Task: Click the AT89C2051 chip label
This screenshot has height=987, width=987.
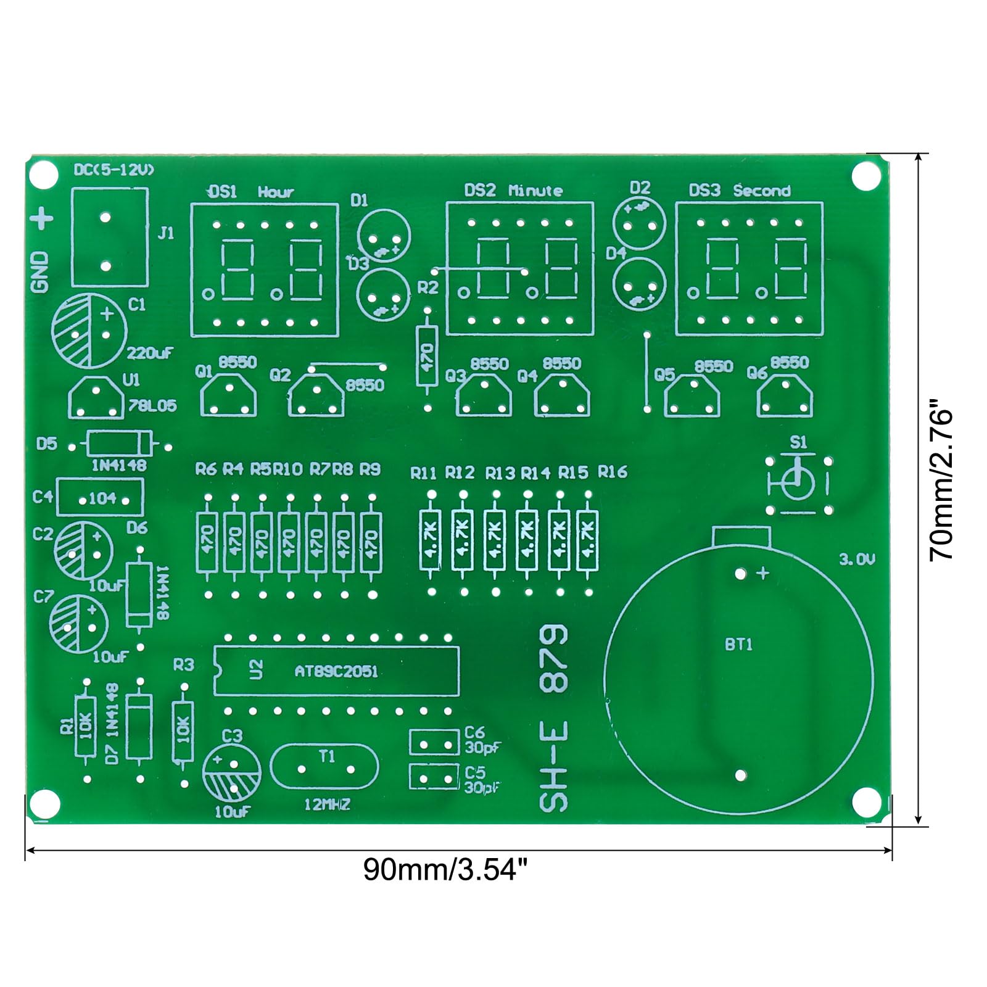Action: pos(336,671)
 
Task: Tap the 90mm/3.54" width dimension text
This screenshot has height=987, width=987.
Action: pos(445,870)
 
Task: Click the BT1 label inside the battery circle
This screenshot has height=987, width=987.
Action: pos(738,645)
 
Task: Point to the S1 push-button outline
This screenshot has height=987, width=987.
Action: pos(798,485)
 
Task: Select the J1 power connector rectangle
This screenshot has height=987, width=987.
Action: pos(110,237)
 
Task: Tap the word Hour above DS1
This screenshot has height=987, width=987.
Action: pos(276,192)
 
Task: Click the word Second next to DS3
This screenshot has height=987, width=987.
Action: pos(762,191)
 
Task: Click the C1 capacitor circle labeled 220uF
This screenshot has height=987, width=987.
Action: pos(89,330)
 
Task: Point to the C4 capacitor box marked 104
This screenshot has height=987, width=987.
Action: pos(100,498)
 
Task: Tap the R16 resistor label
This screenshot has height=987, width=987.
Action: pos(612,473)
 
